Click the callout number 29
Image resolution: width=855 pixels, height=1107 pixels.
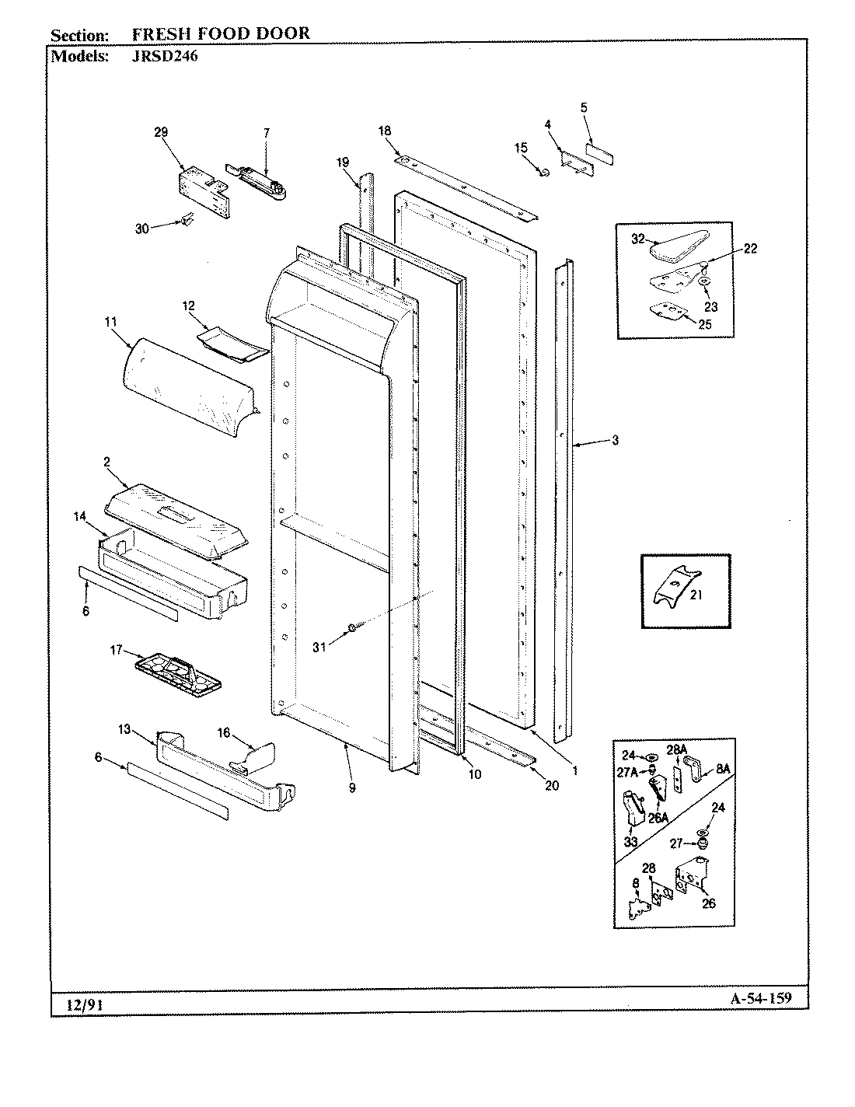[x=161, y=133]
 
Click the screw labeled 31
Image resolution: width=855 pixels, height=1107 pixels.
[x=352, y=627]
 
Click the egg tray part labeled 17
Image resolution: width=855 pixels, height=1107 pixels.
[x=178, y=672]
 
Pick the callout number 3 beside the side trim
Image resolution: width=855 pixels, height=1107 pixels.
[x=615, y=441]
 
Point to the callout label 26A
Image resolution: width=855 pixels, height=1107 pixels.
[x=658, y=818]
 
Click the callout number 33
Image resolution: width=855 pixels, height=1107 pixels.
[x=631, y=842]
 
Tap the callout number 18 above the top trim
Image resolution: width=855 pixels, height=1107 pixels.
[x=385, y=131]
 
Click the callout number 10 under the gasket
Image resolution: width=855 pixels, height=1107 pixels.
[x=474, y=774]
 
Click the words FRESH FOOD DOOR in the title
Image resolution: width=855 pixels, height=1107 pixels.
[x=221, y=33]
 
